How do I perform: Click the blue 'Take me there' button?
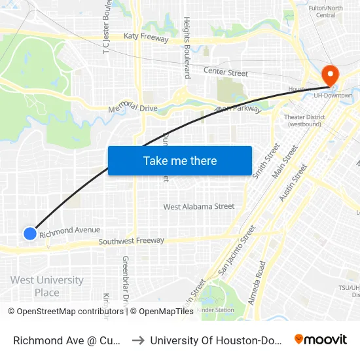180,161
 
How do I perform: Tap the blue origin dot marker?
29,233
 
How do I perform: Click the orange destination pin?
330,74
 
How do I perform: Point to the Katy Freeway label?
146,39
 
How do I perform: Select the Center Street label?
225,72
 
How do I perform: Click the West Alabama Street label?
199,207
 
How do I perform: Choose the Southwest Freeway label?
132,241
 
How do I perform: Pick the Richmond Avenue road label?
69,230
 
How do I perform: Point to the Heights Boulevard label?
187,47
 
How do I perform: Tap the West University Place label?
47,286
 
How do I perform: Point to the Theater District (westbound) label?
302,121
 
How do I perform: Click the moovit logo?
321,339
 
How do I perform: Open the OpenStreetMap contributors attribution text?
67,312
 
